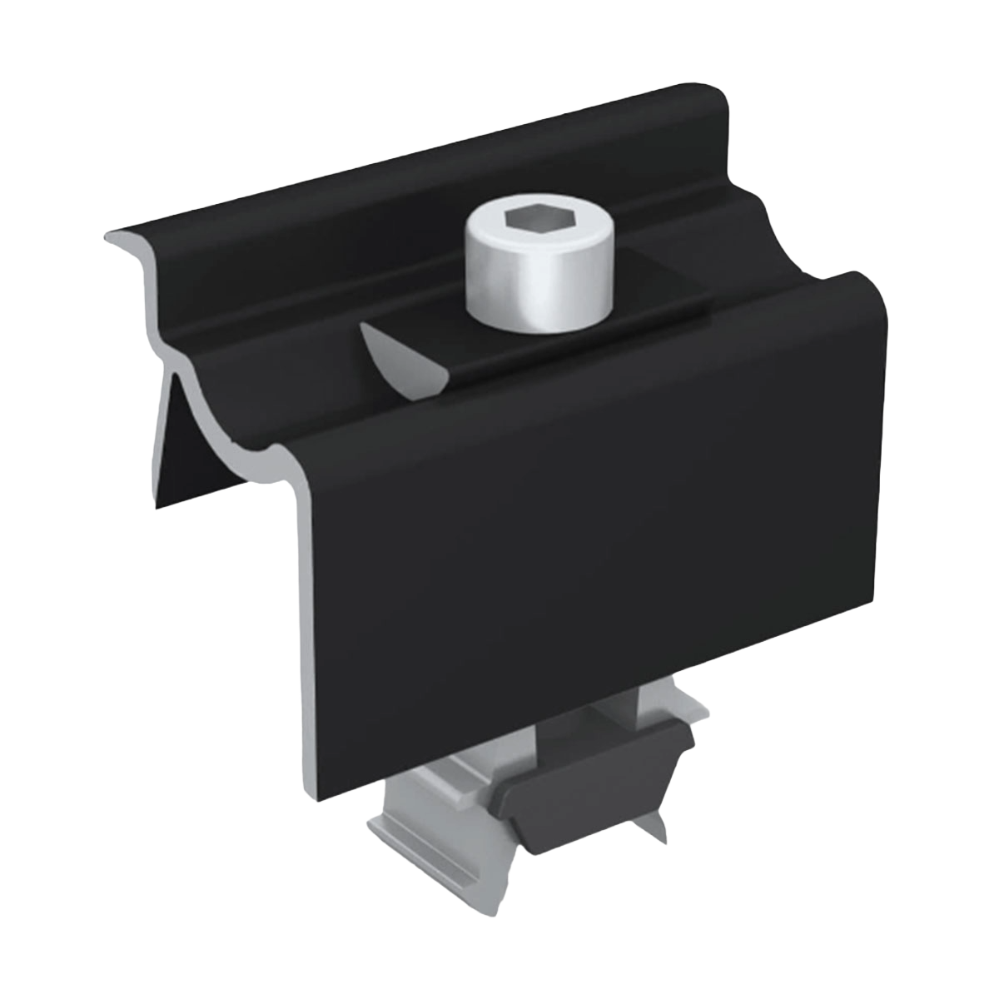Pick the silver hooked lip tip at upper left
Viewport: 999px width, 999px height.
(x=112, y=237)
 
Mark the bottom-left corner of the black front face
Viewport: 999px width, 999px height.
(x=321, y=795)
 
